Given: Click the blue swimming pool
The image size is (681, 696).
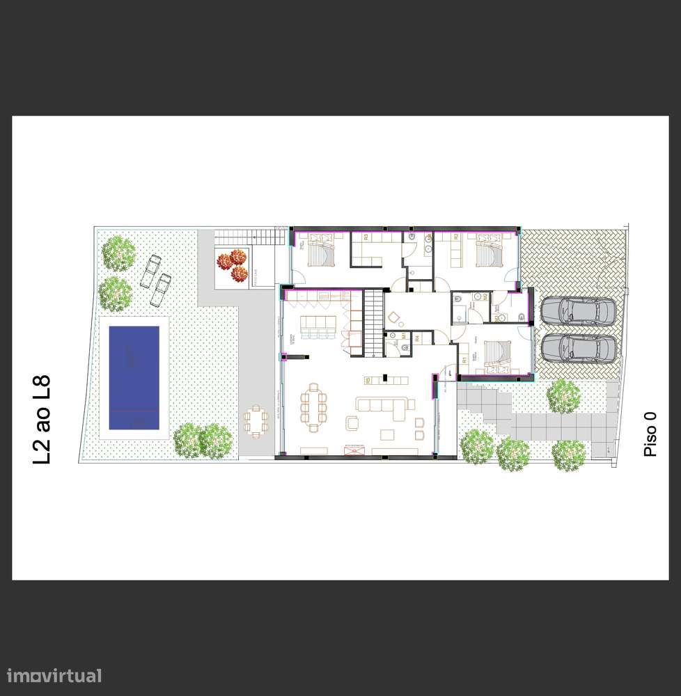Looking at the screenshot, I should click(134, 377).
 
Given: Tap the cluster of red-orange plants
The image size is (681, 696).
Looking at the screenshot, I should click(233, 266).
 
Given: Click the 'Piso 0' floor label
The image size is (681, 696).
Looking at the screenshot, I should click(650, 433).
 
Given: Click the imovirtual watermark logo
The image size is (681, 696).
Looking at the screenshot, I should click(54, 674).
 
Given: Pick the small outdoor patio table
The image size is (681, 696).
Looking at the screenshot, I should click(255, 420).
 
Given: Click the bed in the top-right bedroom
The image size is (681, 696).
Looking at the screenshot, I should click(485, 251).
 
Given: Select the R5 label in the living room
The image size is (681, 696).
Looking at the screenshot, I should click(367, 380).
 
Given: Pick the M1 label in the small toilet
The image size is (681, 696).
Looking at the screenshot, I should click(404, 335).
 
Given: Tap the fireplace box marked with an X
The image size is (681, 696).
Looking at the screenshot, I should click(355, 451).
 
